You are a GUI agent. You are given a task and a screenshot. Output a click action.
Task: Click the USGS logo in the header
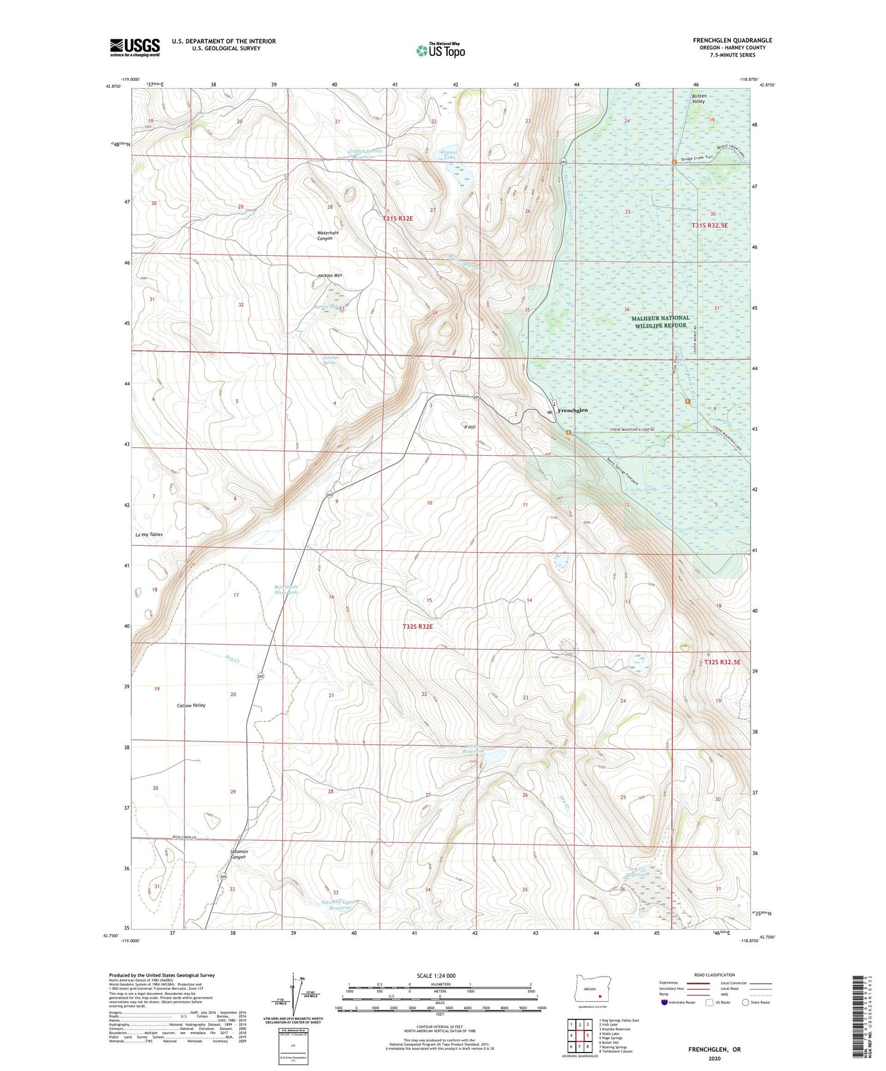134,47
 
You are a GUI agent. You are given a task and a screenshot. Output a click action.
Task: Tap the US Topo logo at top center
440,50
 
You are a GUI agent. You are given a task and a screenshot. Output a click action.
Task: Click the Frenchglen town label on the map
572,410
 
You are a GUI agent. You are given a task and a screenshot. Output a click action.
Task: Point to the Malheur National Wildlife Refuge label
660,321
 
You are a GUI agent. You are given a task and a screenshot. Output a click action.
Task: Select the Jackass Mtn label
330,275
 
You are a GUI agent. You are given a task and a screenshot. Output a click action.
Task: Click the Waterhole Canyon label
328,236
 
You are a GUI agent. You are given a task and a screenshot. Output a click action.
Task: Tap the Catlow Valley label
191,705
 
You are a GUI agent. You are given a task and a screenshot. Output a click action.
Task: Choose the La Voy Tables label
148,535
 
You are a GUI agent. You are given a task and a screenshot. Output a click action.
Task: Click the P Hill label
470,427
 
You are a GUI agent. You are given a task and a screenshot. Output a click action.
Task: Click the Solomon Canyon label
230,854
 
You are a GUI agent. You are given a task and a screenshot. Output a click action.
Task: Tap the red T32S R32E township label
418,627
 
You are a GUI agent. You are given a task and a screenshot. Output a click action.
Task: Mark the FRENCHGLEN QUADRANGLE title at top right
732,40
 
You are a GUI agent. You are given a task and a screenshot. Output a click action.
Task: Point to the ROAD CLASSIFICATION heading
714,975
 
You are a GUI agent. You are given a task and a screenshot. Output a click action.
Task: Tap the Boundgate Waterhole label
286,590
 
